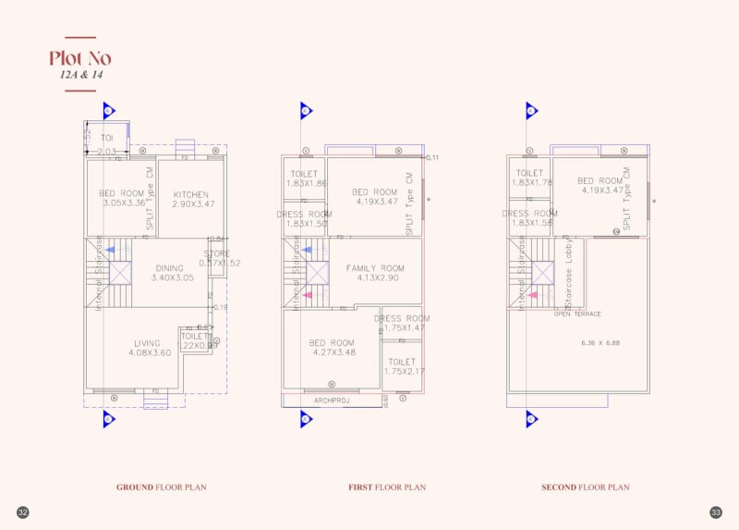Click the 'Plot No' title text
click(79, 58)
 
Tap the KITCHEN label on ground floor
click(190, 194)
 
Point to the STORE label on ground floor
click(217, 253)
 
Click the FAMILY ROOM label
click(375, 268)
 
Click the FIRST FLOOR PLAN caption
click(387, 487)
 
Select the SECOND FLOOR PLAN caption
click(585, 487)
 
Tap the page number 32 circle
click(23, 512)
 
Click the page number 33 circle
click(716, 512)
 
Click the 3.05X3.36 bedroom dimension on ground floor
click(123, 203)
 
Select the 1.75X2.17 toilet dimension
click(401, 371)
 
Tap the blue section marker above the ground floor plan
click(108, 111)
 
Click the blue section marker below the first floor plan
click(307, 419)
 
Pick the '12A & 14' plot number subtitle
click(79, 75)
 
